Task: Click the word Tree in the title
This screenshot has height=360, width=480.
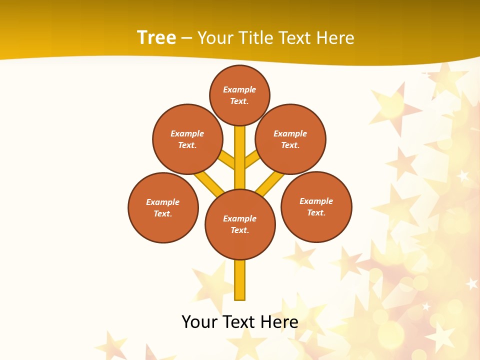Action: click(156, 38)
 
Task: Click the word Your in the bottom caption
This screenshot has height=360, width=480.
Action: click(199, 322)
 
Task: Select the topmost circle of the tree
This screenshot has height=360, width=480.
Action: click(239, 95)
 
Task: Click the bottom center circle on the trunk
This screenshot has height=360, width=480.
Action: click(240, 224)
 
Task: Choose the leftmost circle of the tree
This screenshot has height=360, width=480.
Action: click(163, 207)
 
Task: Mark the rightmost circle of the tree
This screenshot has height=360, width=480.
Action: click(316, 206)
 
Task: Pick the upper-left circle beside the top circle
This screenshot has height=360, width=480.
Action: click(187, 139)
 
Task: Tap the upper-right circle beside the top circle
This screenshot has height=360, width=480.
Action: click(290, 139)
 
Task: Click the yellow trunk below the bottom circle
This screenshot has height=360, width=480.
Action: click(240, 280)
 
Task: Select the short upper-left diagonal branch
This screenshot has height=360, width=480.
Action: click(227, 160)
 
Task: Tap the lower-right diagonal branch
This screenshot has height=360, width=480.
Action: click(270, 183)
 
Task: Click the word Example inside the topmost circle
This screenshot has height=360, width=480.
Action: click(239, 89)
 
